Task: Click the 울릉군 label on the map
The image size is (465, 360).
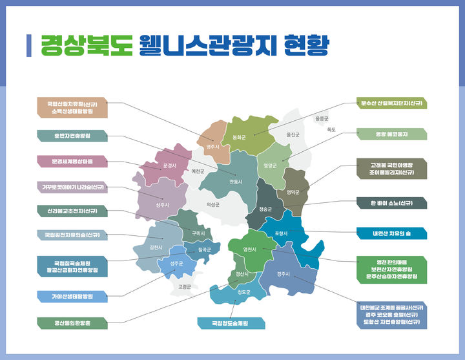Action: (x=322, y=119)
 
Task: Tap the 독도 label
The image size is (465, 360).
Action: (x=331, y=129)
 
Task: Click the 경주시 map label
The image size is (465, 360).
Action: (x=283, y=274)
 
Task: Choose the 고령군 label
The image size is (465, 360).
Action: (x=185, y=286)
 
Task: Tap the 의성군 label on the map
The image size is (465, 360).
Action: (x=213, y=204)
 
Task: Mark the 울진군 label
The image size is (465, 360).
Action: (x=293, y=134)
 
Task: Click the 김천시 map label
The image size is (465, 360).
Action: (x=156, y=247)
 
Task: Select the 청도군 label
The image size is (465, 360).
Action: (x=243, y=292)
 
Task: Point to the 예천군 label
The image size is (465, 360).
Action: (x=198, y=171)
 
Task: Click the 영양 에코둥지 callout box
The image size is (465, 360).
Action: (x=392, y=134)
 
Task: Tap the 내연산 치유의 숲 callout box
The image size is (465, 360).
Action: (x=392, y=233)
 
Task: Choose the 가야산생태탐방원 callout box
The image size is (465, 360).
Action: (x=72, y=297)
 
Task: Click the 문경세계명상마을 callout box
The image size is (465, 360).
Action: (x=72, y=161)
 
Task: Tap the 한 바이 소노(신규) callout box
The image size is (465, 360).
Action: (x=392, y=203)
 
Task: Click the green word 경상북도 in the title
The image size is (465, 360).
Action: (x=87, y=45)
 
